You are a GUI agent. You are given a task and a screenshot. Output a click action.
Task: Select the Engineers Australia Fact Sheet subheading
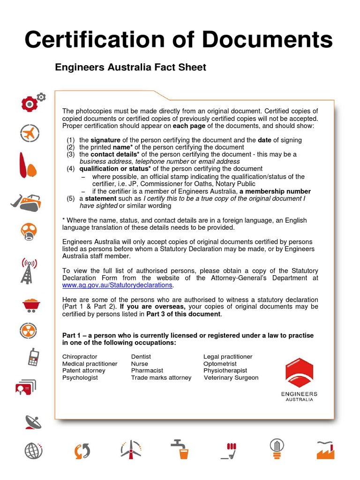pyautogui.click(x=130, y=67)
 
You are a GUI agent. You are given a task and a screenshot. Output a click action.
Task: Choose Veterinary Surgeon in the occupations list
pyautogui.click(x=231, y=377)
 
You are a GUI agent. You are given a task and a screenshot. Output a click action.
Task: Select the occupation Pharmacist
pyautogui.click(x=147, y=370)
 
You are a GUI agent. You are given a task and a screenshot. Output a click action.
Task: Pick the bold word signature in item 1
pyautogui.click(x=105, y=140)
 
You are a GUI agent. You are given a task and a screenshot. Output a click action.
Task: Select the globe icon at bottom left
pyautogui.click(x=34, y=451)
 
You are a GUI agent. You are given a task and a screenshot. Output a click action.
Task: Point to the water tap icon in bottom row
pyautogui.click(x=180, y=449)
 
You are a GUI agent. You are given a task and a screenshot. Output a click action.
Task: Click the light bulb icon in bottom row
pyautogui.click(x=277, y=448)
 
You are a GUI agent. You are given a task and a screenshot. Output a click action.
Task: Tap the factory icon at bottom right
pyautogui.click(x=327, y=450)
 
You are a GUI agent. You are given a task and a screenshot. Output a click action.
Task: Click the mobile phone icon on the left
pyautogui.click(x=32, y=357)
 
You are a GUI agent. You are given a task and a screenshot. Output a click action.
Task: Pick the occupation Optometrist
pyautogui.click(x=220, y=364)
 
